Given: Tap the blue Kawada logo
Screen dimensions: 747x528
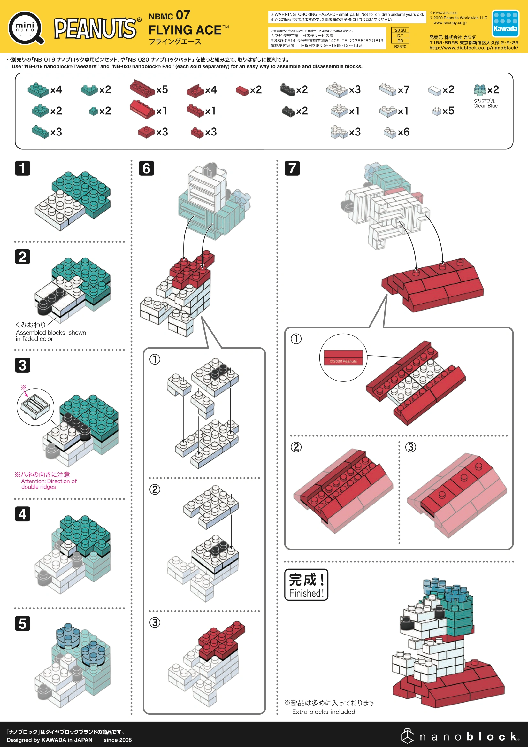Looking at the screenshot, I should tap(505, 23).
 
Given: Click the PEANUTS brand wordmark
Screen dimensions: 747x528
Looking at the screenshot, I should tap(95, 28).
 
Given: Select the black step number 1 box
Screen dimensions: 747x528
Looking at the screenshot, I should tap(22, 168).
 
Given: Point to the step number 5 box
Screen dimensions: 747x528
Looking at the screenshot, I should tap(22, 623).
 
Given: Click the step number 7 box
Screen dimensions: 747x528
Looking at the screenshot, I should tap(292, 168).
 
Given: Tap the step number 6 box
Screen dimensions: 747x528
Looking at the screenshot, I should tap(146, 168).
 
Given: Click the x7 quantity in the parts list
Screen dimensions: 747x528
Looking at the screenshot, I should tap(403, 90).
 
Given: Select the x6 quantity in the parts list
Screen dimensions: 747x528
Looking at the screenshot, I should tap(403, 132).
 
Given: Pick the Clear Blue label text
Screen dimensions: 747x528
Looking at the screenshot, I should tap(486, 106).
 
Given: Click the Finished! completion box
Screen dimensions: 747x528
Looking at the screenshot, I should tap(306, 584).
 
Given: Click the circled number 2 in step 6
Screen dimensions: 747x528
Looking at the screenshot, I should tap(155, 489).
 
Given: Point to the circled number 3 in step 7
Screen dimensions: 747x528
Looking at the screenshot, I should tap(410, 447).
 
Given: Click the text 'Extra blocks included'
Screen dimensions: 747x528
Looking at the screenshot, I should tap(323, 712).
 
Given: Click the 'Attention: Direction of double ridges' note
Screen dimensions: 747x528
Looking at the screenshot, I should tap(49, 484).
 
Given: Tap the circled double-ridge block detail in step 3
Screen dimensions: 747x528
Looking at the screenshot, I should tap(35, 407).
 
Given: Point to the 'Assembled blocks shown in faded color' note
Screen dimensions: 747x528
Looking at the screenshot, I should tap(51, 335).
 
